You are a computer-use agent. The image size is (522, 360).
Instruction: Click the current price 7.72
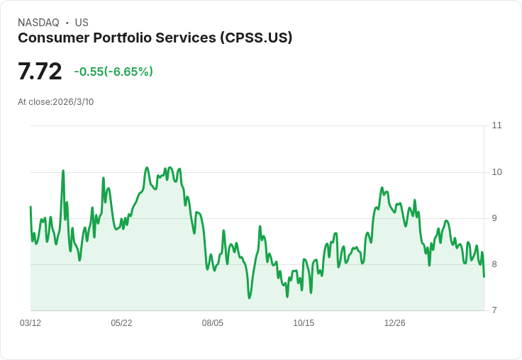(40, 71)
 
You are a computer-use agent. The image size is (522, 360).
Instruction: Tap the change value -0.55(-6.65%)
(113, 72)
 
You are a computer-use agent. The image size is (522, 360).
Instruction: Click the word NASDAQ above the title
(38, 23)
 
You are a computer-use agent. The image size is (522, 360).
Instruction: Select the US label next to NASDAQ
(82, 23)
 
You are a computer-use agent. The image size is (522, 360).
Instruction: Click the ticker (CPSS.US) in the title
(256, 38)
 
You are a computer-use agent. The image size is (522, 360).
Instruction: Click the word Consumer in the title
(54, 38)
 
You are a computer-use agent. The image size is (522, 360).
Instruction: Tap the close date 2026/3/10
(73, 102)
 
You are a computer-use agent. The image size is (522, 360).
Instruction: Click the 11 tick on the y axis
(496, 125)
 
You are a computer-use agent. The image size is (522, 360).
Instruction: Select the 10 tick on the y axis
(496, 172)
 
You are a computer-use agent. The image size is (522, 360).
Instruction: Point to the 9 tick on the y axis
(494, 218)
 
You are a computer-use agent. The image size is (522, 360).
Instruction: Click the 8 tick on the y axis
(494, 264)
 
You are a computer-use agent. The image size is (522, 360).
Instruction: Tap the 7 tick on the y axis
(494, 310)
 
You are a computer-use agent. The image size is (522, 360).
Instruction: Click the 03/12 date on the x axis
(30, 323)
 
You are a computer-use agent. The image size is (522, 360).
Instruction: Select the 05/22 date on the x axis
(121, 323)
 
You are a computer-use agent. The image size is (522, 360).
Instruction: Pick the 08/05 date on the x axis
(213, 323)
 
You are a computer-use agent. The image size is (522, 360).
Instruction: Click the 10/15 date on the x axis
(304, 323)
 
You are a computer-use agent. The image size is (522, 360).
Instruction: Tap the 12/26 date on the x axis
(395, 323)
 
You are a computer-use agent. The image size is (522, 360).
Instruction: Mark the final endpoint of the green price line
(484, 276)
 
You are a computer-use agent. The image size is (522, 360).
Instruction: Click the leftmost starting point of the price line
(30, 207)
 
